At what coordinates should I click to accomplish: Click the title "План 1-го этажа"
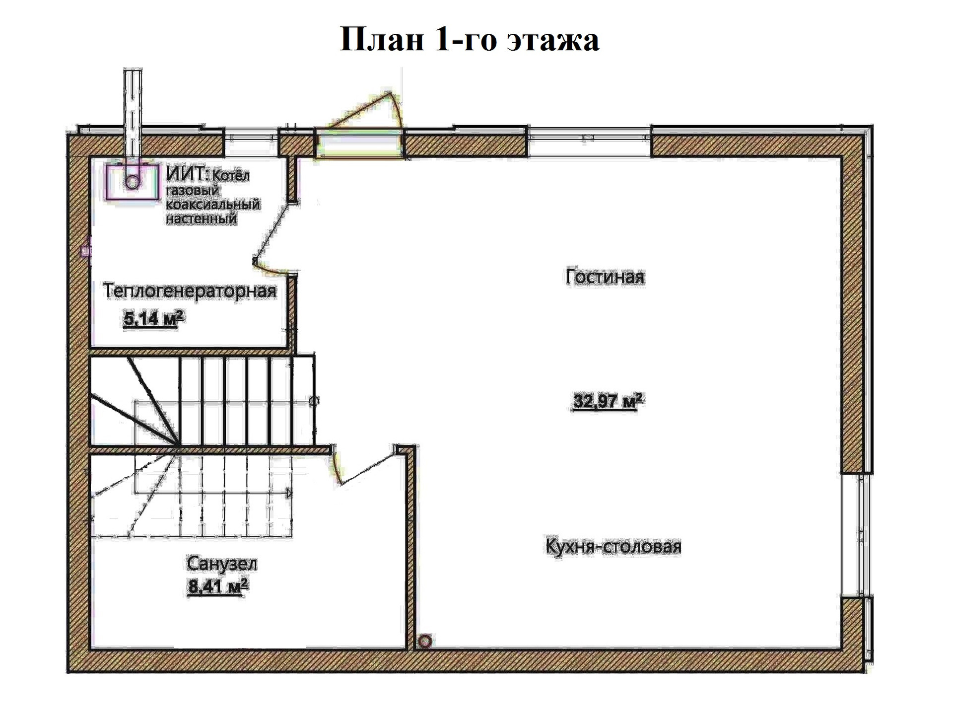469,39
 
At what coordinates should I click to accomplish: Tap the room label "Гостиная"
605,277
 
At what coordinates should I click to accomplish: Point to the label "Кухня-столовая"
613,546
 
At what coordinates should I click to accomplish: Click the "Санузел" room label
222,564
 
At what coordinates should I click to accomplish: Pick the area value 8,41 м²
217,587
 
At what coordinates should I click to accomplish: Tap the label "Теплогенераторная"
190,291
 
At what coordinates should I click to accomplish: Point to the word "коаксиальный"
212,205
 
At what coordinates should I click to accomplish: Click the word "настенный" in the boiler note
201,218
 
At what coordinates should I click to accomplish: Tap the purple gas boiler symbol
132,182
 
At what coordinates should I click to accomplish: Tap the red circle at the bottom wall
425,642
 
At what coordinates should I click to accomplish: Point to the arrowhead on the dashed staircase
289,493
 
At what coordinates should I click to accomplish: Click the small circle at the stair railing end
314,401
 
